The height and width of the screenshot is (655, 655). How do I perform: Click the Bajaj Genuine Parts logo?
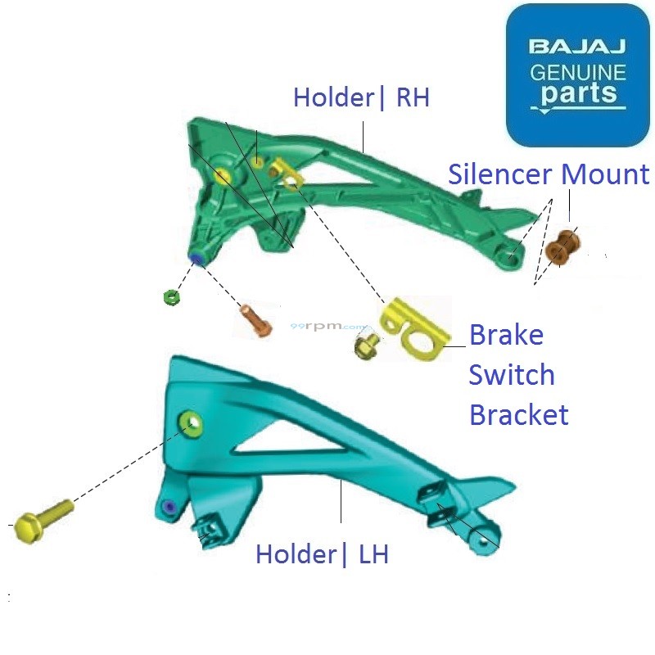point(577,75)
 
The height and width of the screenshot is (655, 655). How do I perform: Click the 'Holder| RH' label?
point(361,98)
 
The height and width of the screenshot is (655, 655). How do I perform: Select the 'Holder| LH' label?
point(322,554)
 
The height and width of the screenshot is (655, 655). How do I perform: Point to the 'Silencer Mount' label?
point(549,174)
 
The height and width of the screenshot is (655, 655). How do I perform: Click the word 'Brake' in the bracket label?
point(506,336)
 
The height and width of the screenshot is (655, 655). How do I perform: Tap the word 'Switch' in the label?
point(512,375)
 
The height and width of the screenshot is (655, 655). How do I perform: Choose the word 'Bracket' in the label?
point(518,414)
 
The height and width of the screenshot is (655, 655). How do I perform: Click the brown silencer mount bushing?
point(563,248)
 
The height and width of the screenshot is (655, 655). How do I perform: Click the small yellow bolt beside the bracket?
point(364,346)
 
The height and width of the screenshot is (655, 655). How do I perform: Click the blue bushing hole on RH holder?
point(196,260)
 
